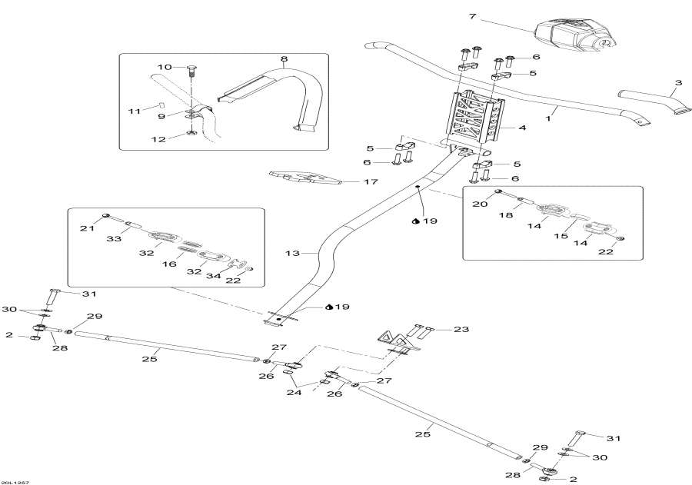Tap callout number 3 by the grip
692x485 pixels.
pos(678,82)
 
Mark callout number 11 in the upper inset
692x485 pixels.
pos(135,111)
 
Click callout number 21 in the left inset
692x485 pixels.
pos(87,228)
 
